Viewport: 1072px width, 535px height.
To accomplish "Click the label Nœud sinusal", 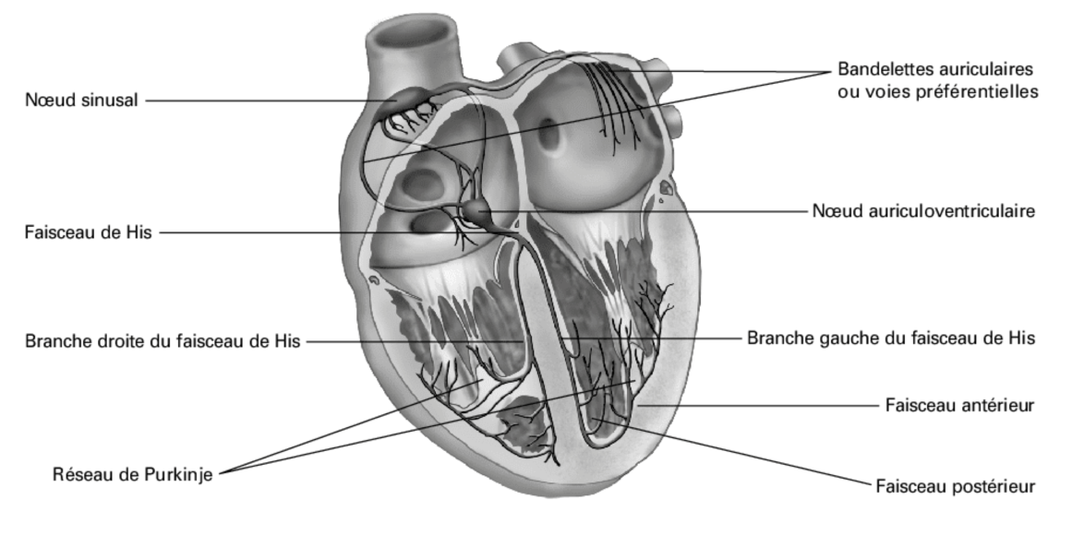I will click(x=81, y=100).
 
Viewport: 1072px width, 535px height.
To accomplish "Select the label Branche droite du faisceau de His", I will click(x=162, y=341).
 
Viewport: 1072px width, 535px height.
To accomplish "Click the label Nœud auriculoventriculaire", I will click(x=923, y=211).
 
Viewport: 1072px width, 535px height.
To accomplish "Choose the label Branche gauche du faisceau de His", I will click(x=890, y=338).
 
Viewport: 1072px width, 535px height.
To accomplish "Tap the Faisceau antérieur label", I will click(x=959, y=404).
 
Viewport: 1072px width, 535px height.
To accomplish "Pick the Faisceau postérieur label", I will click(x=955, y=486).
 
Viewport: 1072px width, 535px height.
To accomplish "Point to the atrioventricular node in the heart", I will click(x=478, y=214).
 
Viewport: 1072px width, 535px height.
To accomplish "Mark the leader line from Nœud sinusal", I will click(x=268, y=100).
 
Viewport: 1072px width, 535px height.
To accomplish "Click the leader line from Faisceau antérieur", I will click(x=757, y=404).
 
